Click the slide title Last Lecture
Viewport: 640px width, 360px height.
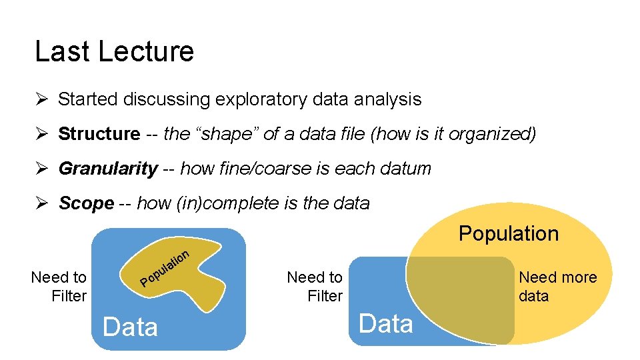point(114,51)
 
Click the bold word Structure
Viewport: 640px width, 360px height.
point(99,134)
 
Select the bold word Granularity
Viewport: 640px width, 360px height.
point(108,169)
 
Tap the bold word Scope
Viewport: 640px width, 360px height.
point(86,203)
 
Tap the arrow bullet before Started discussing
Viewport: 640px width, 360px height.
point(41,99)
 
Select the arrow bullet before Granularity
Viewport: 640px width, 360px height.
point(41,169)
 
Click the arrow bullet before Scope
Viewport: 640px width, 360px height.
point(41,203)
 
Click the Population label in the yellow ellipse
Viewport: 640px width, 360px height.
point(508,233)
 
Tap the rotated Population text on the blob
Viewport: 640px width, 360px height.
point(166,267)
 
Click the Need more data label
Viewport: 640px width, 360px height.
point(557,286)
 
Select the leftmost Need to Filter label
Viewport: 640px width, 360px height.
point(59,286)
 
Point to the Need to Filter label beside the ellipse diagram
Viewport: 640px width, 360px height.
point(315,286)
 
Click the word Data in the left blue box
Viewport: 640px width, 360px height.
point(130,327)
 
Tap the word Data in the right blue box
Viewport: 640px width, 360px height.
point(386,324)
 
